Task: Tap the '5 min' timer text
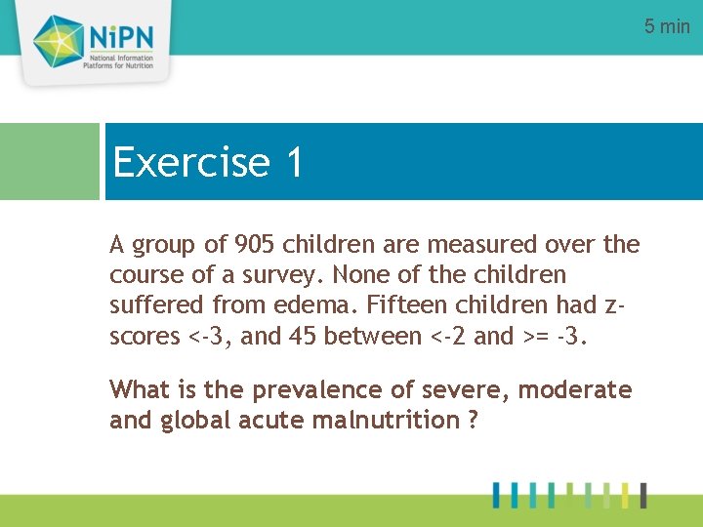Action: [x=667, y=26]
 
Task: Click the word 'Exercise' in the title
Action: [x=191, y=162]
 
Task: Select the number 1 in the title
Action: [x=295, y=162]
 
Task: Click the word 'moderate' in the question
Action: [x=575, y=390]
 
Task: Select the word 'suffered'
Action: [x=154, y=304]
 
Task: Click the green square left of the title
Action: [x=49, y=161]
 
